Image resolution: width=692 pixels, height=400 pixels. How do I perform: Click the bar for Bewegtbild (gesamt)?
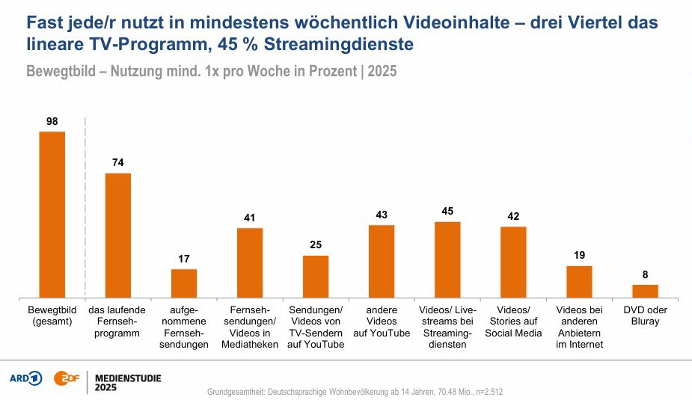[x=52, y=215]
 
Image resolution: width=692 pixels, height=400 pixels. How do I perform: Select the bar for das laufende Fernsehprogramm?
[x=118, y=236]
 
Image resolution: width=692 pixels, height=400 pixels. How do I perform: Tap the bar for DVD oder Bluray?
[x=645, y=291]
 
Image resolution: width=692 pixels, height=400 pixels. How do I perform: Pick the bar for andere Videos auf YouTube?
[x=382, y=261]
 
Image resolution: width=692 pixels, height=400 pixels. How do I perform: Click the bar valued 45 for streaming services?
[x=447, y=259]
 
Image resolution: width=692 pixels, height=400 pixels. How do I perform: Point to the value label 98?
[x=52, y=120]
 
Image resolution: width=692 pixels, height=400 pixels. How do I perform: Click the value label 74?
[x=118, y=162]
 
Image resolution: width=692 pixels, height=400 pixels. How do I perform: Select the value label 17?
[x=184, y=258]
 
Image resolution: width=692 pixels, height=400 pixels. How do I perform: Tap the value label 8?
[x=645, y=274]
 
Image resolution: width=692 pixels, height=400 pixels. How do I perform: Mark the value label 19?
[x=579, y=255]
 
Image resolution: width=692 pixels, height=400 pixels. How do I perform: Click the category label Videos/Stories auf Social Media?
[x=513, y=321]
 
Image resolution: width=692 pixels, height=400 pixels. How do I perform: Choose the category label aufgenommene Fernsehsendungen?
[x=184, y=327]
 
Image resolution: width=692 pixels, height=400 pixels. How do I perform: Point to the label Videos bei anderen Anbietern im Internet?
[x=579, y=327]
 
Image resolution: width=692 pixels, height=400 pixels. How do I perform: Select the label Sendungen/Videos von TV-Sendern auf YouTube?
[x=316, y=327]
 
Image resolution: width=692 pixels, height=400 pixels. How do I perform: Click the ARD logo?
[x=25, y=378]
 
